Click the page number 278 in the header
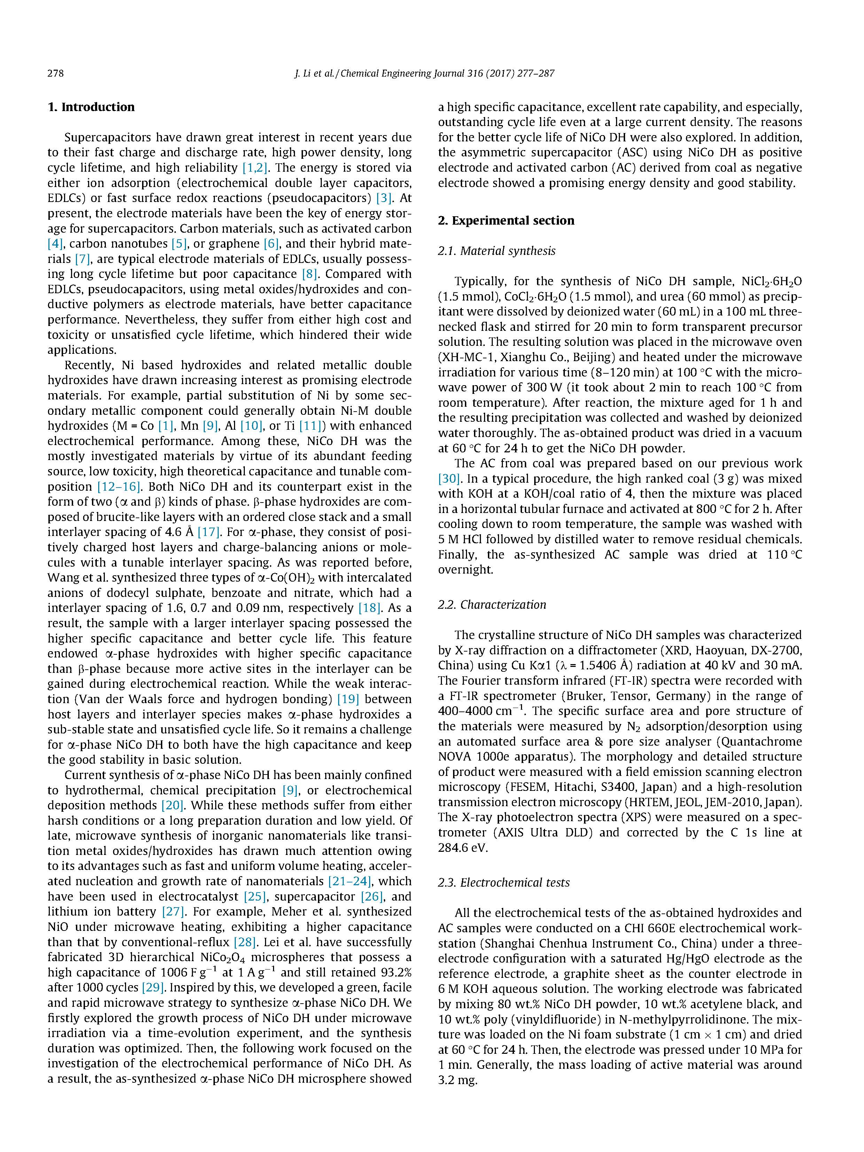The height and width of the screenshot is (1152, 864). [x=55, y=73]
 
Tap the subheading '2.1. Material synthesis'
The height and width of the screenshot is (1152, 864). [x=496, y=251]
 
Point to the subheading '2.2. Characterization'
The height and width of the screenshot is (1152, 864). [x=492, y=605]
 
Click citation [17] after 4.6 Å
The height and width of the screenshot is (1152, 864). [x=208, y=532]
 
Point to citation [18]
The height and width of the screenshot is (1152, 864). [x=369, y=608]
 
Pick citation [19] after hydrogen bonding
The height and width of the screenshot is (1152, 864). [x=348, y=699]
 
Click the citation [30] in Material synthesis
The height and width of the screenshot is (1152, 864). [x=449, y=478]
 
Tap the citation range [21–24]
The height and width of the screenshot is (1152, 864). [x=349, y=881]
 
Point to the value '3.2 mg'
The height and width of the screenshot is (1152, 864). [x=457, y=1081]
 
